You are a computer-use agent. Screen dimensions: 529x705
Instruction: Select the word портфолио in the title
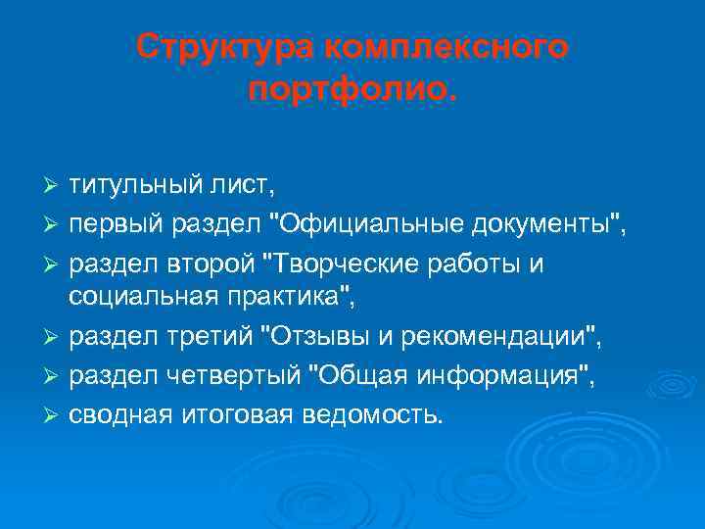point(349,90)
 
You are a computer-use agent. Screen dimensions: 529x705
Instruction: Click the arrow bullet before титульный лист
point(53,186)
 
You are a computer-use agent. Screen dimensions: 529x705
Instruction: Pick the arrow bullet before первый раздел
point(53,228)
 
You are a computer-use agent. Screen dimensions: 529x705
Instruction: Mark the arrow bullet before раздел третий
point(53,341)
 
